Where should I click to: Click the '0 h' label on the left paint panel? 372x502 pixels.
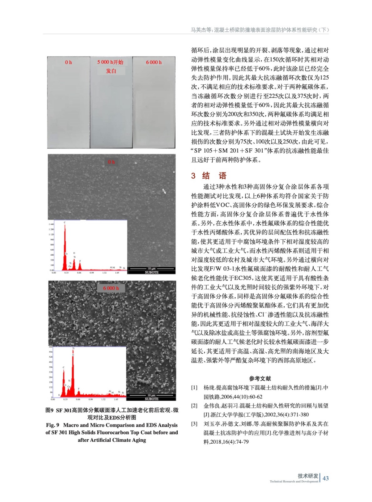point(68,62)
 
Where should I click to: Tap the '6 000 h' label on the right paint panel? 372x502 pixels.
point(154,62)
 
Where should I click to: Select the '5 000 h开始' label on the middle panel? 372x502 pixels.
point(110,62)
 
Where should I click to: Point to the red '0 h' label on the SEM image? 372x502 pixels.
point(111,162)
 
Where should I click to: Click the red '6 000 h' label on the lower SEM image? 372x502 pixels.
point(111,288)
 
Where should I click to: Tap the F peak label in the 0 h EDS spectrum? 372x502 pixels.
point(80,261)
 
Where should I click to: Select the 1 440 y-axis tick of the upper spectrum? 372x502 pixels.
point(51,224)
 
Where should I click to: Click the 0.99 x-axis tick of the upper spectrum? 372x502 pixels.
point(92,273)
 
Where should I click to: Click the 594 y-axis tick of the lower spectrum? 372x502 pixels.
point(51,352)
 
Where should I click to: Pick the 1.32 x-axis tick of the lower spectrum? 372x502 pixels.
point(103,399)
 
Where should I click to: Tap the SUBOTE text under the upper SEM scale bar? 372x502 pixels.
point(152,272)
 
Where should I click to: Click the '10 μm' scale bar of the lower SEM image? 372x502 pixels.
point(151,395)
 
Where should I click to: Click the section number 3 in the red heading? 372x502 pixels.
point(193,176)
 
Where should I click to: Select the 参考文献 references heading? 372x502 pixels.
point(260,378)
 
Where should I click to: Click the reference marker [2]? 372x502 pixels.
point(194,406)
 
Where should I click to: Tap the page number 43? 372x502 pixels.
point(326,478)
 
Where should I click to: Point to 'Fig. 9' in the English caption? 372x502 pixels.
point(53,425)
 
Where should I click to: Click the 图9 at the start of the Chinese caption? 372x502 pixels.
point(50,410)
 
